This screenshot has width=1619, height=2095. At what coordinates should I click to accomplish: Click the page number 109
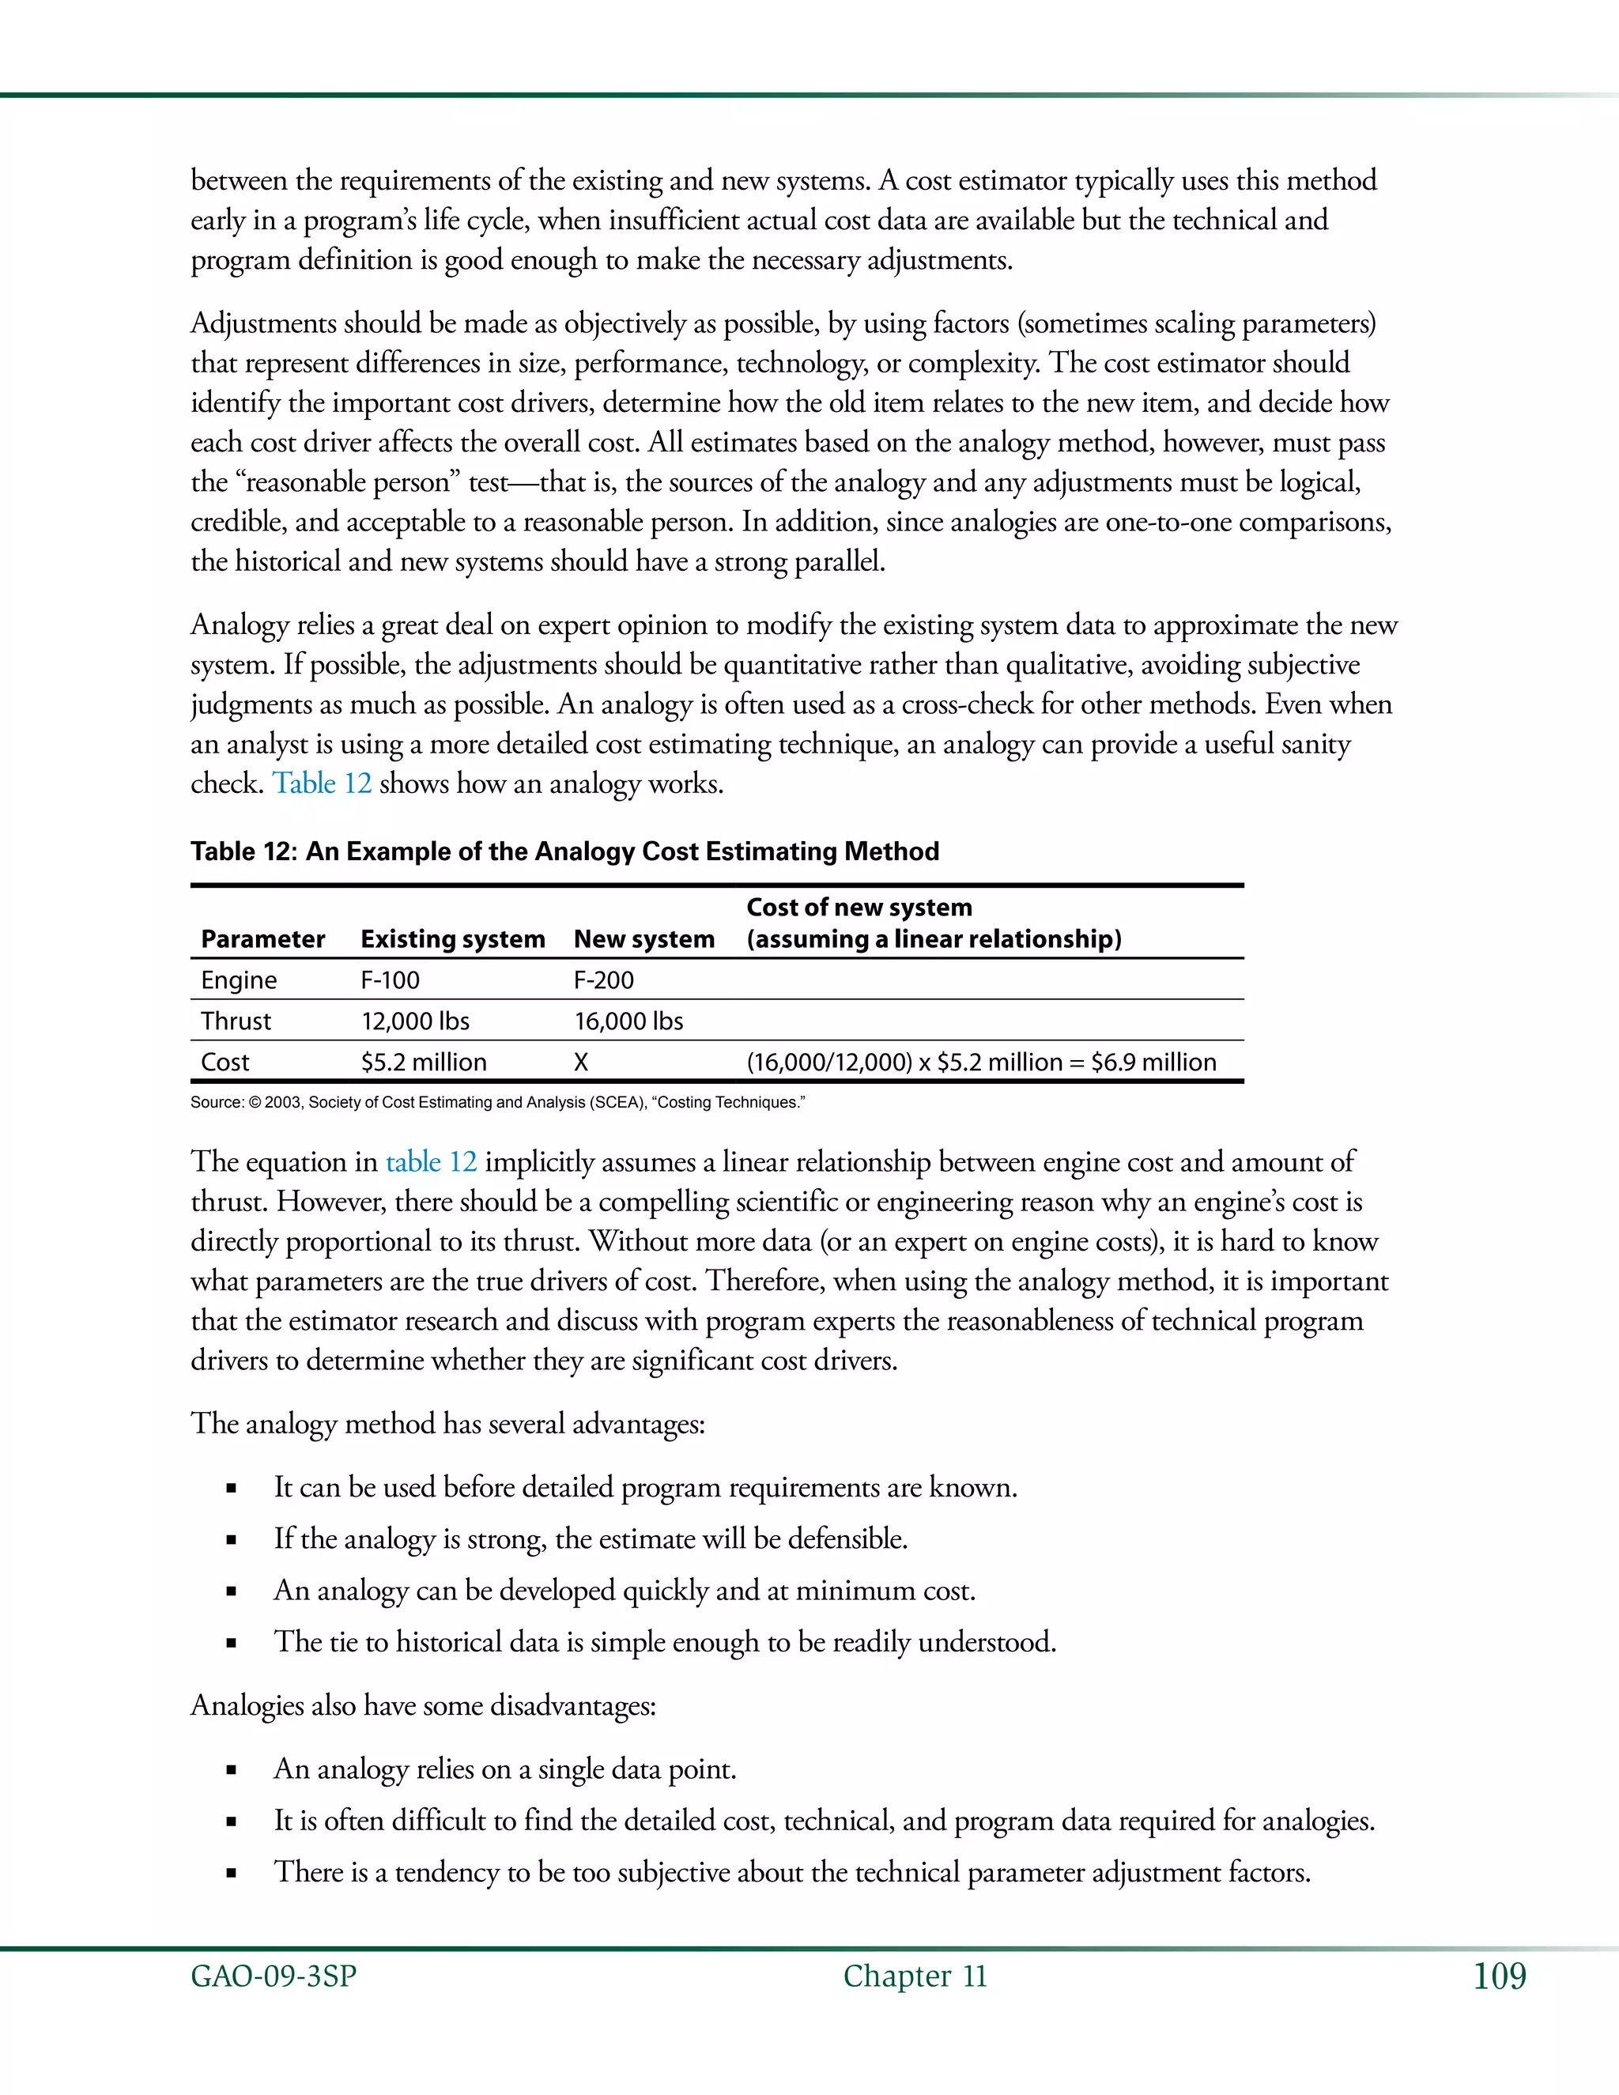[1499, 1976]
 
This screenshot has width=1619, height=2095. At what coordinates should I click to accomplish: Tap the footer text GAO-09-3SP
[274, 1976]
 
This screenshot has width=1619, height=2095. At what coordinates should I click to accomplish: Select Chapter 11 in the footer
[915, 1976]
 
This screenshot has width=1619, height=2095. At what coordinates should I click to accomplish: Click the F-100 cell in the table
[390, 980]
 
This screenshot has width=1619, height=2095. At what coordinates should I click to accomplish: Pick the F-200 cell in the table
[603, 980]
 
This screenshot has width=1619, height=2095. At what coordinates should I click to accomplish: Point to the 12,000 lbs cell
[414, 1021]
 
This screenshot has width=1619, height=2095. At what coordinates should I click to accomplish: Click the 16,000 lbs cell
[628, 1021]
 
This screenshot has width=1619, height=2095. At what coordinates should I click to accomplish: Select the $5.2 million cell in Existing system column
[423, 1063]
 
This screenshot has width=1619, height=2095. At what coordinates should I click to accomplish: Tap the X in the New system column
[581, 1063]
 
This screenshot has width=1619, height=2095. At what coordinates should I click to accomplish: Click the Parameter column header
[262, 939]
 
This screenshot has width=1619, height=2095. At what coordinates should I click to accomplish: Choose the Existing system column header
[453, 939]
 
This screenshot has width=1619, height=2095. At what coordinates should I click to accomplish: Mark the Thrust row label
[236, 1021]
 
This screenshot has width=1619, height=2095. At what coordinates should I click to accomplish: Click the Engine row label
[239, 980]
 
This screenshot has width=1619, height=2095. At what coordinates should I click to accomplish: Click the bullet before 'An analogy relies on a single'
[231, 1771]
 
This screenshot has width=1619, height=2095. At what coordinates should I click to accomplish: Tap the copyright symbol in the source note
[255, 1103]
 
